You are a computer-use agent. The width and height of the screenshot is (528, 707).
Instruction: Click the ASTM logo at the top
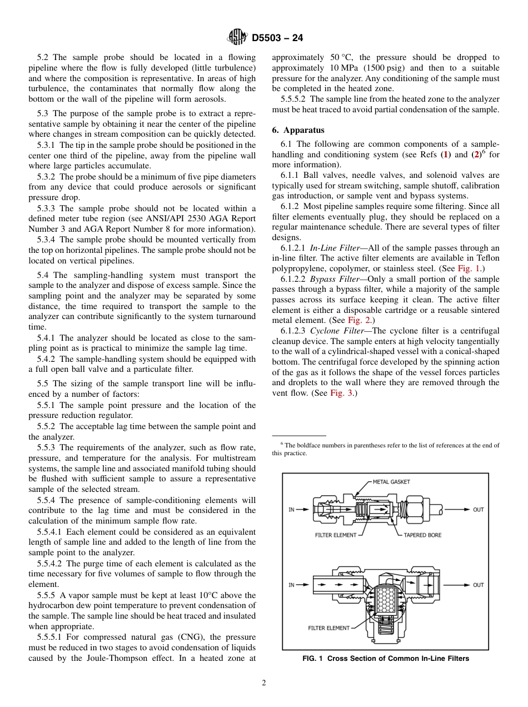coord(238,38)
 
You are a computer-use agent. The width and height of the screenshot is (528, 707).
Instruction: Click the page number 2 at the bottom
coord(264,683)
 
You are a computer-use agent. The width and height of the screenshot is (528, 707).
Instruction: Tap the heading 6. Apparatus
coord(298,130)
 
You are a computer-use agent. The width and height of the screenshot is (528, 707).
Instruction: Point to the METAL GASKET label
coord(391,481)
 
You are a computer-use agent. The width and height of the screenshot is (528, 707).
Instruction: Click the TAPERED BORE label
coord(422,535)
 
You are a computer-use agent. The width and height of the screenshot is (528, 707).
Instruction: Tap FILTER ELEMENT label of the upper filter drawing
coord(332,535)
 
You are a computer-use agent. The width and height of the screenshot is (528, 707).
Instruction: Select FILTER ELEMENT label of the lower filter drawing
coord(329,628)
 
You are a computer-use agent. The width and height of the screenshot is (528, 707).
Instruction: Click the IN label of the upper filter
coord(291,510)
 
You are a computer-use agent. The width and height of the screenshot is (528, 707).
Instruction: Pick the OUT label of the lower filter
coord(478,585)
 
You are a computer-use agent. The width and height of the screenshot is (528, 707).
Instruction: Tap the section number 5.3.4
coord(47,240)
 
